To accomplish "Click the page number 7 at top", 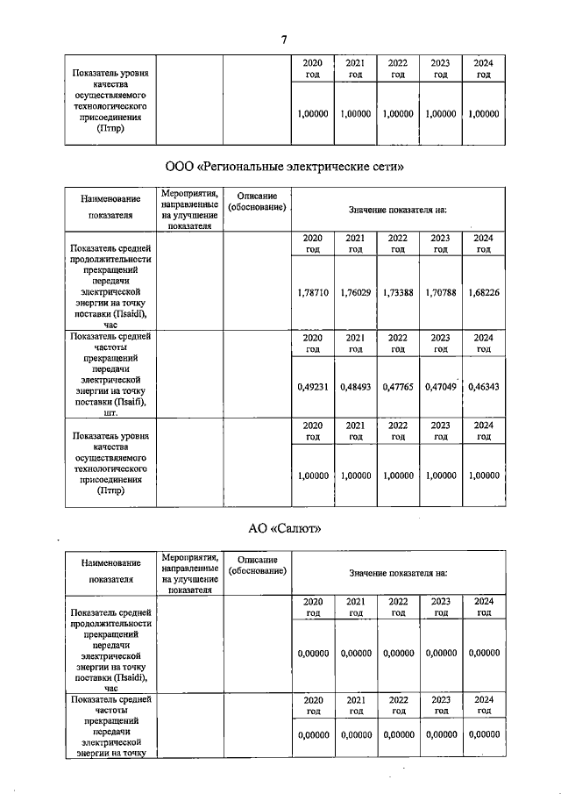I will [x=284, y=39].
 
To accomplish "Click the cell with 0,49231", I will [x=313, y=386].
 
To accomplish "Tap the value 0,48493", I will [x=355, y=386].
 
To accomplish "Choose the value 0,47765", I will [x=398, y=386].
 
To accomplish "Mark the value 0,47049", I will [x=441, y=386].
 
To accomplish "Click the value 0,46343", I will [x=484, y=386].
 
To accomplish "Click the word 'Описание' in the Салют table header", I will [x=257, y=559].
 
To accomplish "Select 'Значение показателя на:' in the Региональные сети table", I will [x=398, y=211].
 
